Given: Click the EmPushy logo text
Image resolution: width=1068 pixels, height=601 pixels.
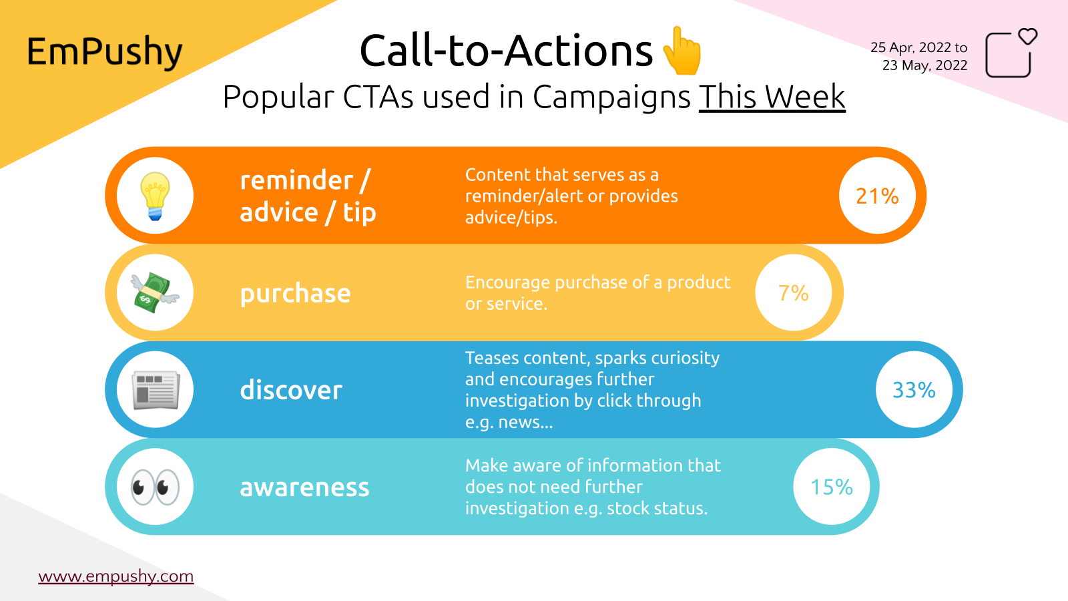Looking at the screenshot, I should pos(104,52).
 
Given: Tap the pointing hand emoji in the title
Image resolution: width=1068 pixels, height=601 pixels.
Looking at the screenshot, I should pos(682,51).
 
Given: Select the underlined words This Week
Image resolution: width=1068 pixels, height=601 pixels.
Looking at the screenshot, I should pos(772,97).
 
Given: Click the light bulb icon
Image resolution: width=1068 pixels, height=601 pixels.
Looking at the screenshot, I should pos(155,196).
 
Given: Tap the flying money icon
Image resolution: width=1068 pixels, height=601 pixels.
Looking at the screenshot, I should pos(155,292).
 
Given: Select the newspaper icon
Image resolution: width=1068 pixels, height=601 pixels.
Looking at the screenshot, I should pos(155,390).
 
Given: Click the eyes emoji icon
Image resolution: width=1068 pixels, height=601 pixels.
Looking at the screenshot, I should pos(155,487).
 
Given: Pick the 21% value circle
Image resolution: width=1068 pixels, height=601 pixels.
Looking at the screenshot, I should pos(877,196).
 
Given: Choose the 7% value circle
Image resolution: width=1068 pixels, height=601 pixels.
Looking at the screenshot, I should pos(794,292).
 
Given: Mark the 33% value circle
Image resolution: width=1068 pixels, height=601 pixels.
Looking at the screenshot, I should pos(914,390).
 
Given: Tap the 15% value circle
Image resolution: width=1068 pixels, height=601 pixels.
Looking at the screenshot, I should pos(831,487).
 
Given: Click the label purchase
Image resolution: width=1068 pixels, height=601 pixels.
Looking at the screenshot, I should pos(295,294).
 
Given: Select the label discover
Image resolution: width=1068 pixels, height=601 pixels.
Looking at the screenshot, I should pos(291,390).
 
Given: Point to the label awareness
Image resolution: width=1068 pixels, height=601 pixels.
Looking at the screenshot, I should pos(304,487).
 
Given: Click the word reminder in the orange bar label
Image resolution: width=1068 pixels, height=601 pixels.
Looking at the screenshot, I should pos(296,180).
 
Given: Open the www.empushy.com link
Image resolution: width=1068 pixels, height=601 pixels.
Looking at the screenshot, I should pos(116,576).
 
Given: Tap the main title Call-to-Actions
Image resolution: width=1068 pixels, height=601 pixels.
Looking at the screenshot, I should pos(506,51).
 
